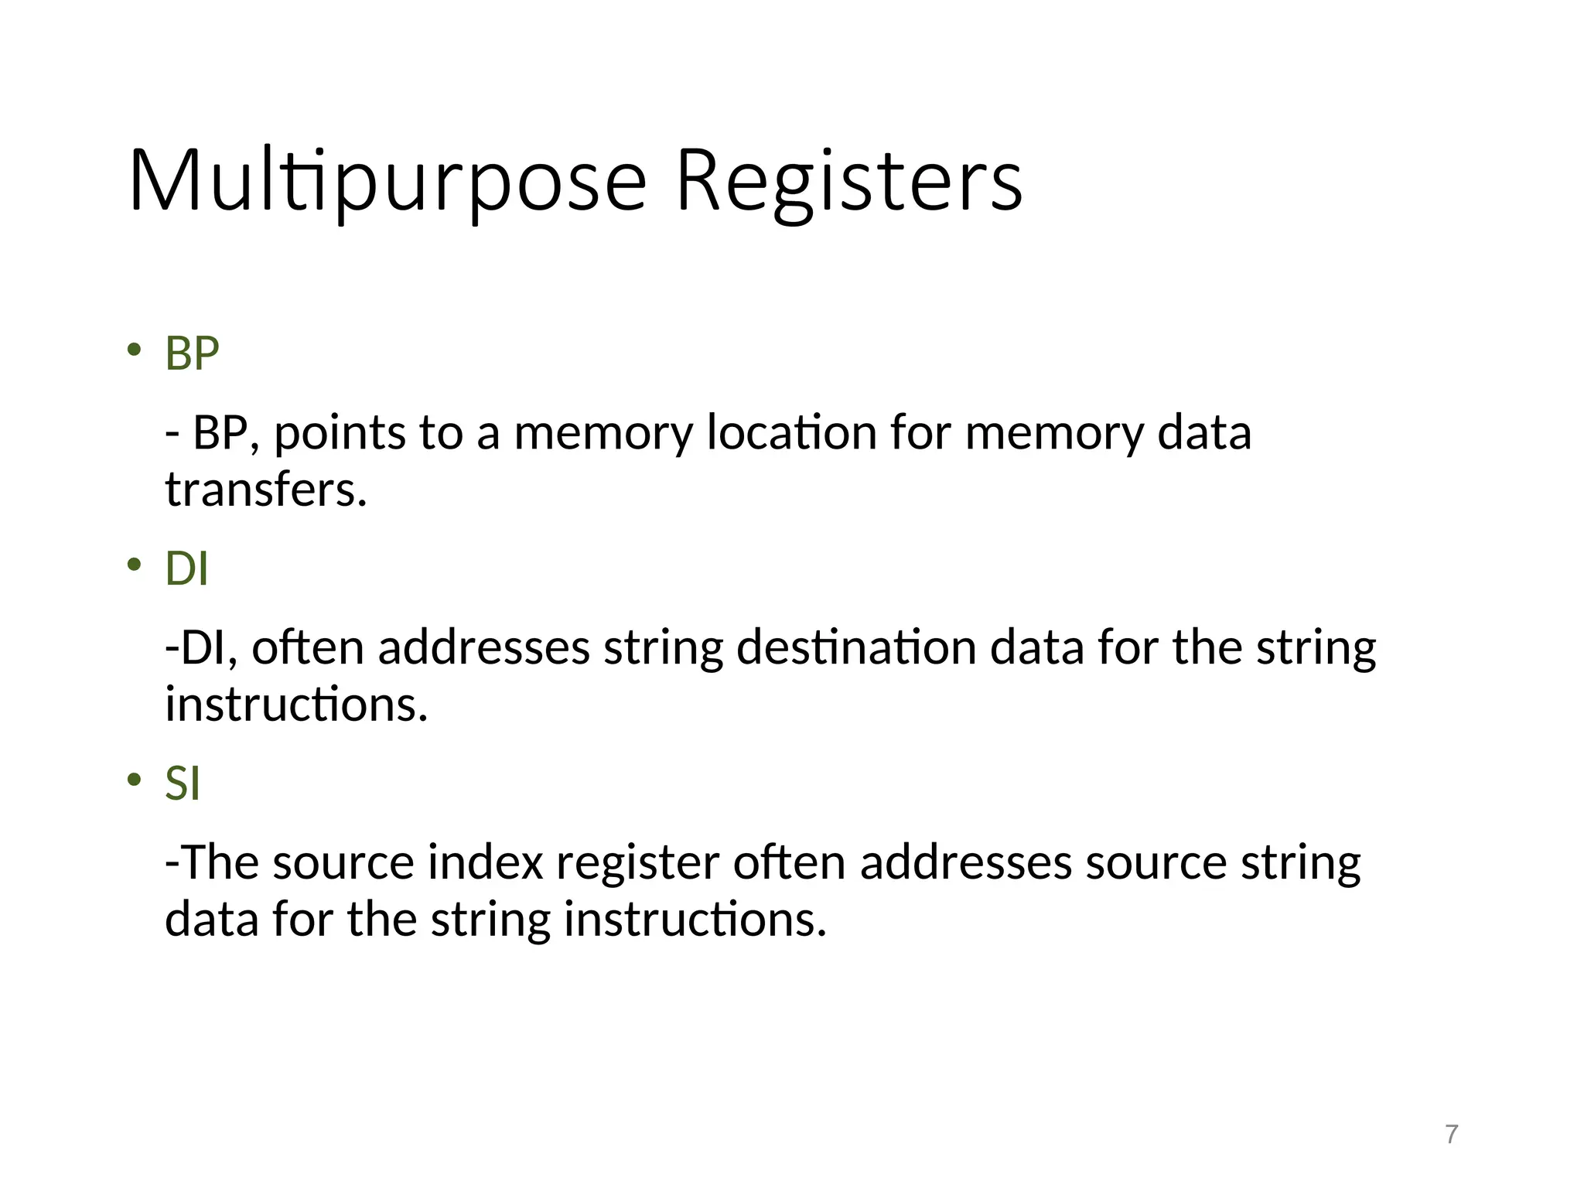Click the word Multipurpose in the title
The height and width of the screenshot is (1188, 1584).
(387, 183)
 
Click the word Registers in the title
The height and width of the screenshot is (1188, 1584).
(848, 183)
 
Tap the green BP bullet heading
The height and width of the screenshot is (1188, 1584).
(192, 354)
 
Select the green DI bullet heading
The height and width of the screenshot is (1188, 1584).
(186, 569)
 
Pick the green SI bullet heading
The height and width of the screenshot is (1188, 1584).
(183, 783)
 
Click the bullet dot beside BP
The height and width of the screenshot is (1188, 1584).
(135, 350)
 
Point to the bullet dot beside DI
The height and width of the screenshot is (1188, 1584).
(135, 565)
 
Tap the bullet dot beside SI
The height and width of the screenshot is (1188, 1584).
(135, 779)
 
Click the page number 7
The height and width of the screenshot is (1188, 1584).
(1451, 1135)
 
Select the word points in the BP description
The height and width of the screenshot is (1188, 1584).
(339, 432)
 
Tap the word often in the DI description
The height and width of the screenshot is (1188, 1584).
(307, 647)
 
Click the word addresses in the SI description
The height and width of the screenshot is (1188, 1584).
(965, 862)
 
